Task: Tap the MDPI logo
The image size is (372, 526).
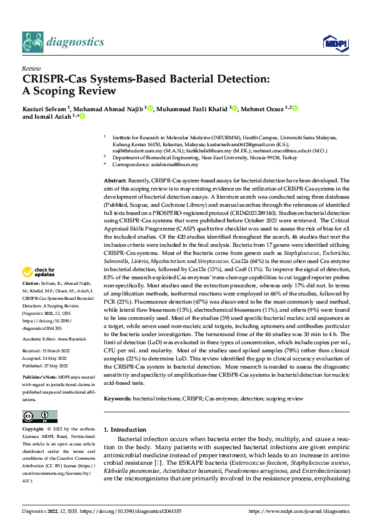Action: tap(331, 42)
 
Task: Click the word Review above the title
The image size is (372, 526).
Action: tap(31, 69)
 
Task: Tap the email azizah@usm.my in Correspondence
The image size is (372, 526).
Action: tap(182, 164)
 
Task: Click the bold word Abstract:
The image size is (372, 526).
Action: tap(116, 180)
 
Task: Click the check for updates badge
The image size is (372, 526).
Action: tap(39, 272)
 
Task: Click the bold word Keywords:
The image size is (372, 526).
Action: tap(117, 398)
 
